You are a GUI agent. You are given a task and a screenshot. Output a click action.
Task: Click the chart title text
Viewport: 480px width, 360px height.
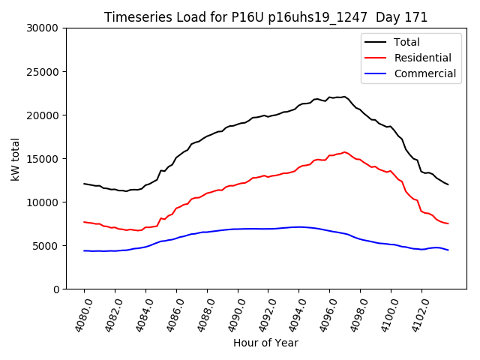coord(265,17)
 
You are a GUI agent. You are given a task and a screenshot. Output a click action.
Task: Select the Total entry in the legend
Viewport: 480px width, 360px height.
coord(406,42)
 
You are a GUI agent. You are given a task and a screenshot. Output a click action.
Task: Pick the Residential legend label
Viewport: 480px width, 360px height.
coord(422,58)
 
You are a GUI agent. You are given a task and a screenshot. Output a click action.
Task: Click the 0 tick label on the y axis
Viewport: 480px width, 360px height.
coord(57,289)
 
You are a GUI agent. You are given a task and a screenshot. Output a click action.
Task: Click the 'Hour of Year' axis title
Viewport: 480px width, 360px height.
coord(265,343)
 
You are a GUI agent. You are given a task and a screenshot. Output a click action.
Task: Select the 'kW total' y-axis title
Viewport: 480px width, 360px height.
coord(16,159)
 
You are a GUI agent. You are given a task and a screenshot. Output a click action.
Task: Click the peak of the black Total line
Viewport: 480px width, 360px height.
coord(344,97)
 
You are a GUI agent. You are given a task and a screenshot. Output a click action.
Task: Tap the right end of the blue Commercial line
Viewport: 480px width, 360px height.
coord(448,250)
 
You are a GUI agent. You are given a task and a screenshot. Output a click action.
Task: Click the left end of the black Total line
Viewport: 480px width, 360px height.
coord(84,184)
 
